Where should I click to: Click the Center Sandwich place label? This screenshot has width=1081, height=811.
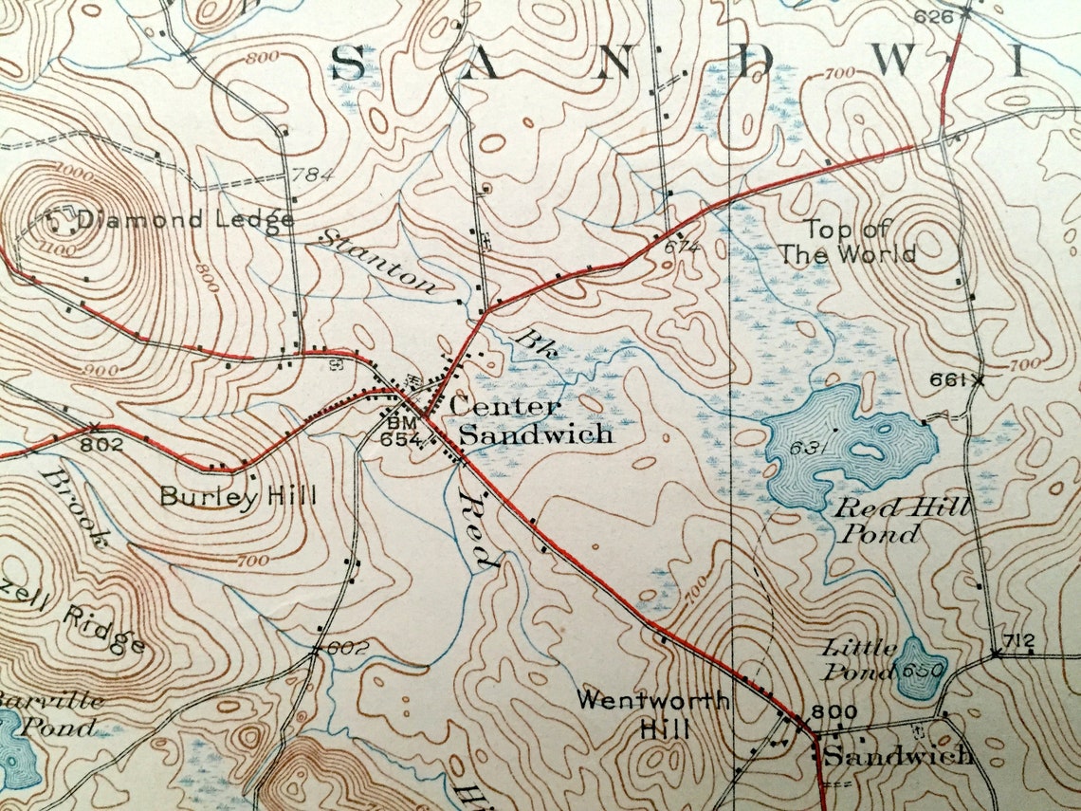531,421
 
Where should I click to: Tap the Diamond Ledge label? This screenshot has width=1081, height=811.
185,220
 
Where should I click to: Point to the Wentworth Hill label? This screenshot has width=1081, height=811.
653,714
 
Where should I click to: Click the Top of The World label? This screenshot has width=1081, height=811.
861,242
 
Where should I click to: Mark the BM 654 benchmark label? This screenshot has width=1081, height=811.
396,429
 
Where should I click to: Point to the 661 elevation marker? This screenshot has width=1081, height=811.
951,380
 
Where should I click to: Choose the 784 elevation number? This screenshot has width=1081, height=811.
311,175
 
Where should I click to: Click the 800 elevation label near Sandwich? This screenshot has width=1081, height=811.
834,712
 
